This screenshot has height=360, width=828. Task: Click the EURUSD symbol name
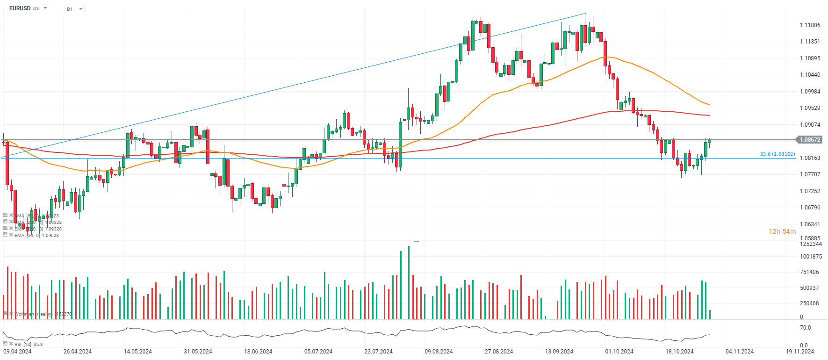point(20,8)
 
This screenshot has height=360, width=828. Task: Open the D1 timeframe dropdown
point(74,9)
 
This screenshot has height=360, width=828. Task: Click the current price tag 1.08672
point(809,140)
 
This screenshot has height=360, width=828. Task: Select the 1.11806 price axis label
point(810,25)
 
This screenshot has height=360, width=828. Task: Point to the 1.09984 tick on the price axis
point(810,92)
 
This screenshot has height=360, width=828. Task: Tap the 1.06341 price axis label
point(810,224)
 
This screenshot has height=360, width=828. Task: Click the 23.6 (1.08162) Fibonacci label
point(777,154)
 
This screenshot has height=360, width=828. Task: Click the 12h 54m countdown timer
point(782,232)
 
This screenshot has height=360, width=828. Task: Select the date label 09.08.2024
point(439,352)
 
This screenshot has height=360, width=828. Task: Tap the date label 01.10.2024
point(619,352)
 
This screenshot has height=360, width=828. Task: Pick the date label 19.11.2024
point(799,352)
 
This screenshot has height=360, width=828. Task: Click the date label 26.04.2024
point(78,352)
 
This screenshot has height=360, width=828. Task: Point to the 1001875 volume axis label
point(811,257)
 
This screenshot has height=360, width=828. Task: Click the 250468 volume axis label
point(809,303)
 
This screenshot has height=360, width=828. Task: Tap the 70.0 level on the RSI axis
point(805,328)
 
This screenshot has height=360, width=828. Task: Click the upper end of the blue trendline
point(585,14)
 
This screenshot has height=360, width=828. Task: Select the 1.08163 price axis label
point(810,158)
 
